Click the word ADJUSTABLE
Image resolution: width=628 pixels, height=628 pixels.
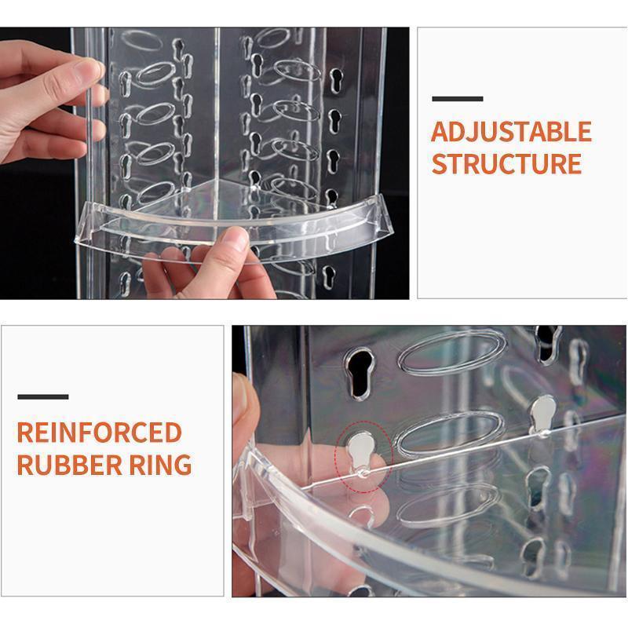coord(512,132)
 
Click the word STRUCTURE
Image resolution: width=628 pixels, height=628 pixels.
coord(506,164)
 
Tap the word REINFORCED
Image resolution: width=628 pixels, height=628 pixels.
coord(100,433)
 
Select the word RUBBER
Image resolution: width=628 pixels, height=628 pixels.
coord(69,465)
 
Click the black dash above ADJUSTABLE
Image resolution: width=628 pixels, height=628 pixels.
coord(458,99)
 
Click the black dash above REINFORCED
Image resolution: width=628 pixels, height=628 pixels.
coord(43,397)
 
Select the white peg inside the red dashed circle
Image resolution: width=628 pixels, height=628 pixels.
coord(362,453)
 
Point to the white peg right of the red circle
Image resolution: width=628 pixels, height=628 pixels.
coord(543,414)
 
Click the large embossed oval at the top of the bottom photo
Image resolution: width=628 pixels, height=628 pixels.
coord(453,352)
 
